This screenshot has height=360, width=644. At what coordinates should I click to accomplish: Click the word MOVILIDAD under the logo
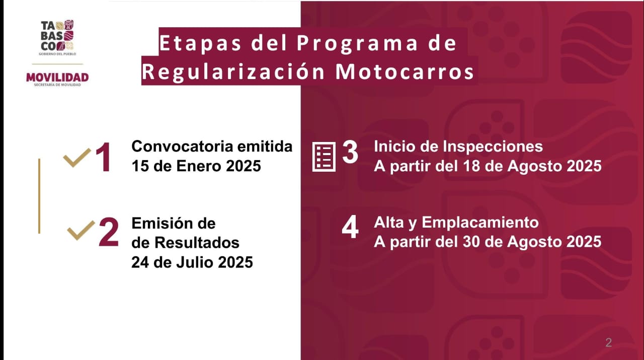[57, 77]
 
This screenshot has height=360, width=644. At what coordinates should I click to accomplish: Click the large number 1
[103, 158]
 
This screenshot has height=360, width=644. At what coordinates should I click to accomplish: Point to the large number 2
[108, 233]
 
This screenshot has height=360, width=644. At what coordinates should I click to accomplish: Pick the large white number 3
[350, 152]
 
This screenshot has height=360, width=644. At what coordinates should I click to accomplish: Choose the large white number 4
[350, 228]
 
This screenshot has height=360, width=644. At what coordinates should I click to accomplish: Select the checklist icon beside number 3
[324, 157]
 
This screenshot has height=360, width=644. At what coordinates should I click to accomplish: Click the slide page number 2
[608, 343]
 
